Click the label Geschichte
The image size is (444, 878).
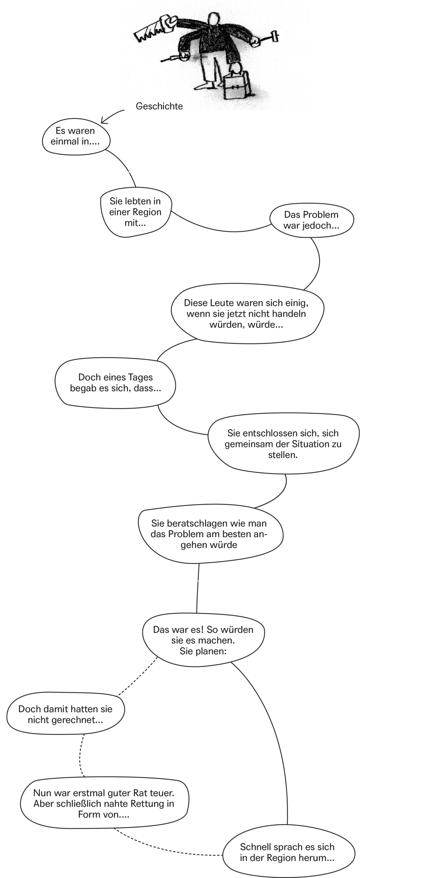(x=159, y=106)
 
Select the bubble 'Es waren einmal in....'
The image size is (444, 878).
(x=76, y=137)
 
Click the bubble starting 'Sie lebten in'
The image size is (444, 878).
(x=136, y=212)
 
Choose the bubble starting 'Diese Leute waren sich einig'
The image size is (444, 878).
(x=247, y=313)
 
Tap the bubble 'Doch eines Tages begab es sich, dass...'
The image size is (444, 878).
(x=115, y=383)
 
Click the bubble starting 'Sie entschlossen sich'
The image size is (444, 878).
(x=283, y=443)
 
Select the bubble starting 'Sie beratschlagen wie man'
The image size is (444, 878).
(x=210, y=534)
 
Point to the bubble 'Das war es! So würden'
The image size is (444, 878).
(x=203, y=640)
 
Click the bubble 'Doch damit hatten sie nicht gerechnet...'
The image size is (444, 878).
(x=66, y=714)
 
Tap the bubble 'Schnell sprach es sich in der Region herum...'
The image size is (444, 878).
(x=289, y=853)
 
